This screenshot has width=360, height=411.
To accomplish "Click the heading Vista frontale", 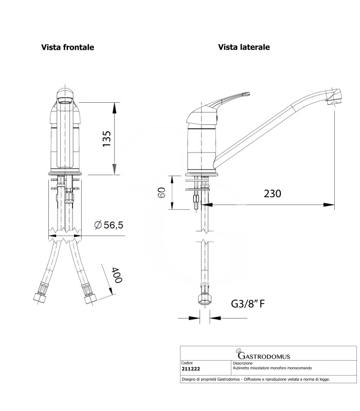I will coord(67,47).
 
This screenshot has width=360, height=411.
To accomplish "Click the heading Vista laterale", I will coord(244,47).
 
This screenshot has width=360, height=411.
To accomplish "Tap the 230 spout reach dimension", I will coord(272,194).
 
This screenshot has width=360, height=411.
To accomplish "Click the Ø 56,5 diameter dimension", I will coord(109,225).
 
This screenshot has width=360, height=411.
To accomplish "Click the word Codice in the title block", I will coord(188,363).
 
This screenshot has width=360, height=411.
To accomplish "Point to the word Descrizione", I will coord(246,363).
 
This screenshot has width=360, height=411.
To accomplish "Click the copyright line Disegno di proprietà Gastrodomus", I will coord(256,380).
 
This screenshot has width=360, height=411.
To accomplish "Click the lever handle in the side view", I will coord(226,101).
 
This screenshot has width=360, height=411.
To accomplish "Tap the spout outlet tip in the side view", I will coord(333,99).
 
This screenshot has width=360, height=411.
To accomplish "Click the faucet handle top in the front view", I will coord(65,95).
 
